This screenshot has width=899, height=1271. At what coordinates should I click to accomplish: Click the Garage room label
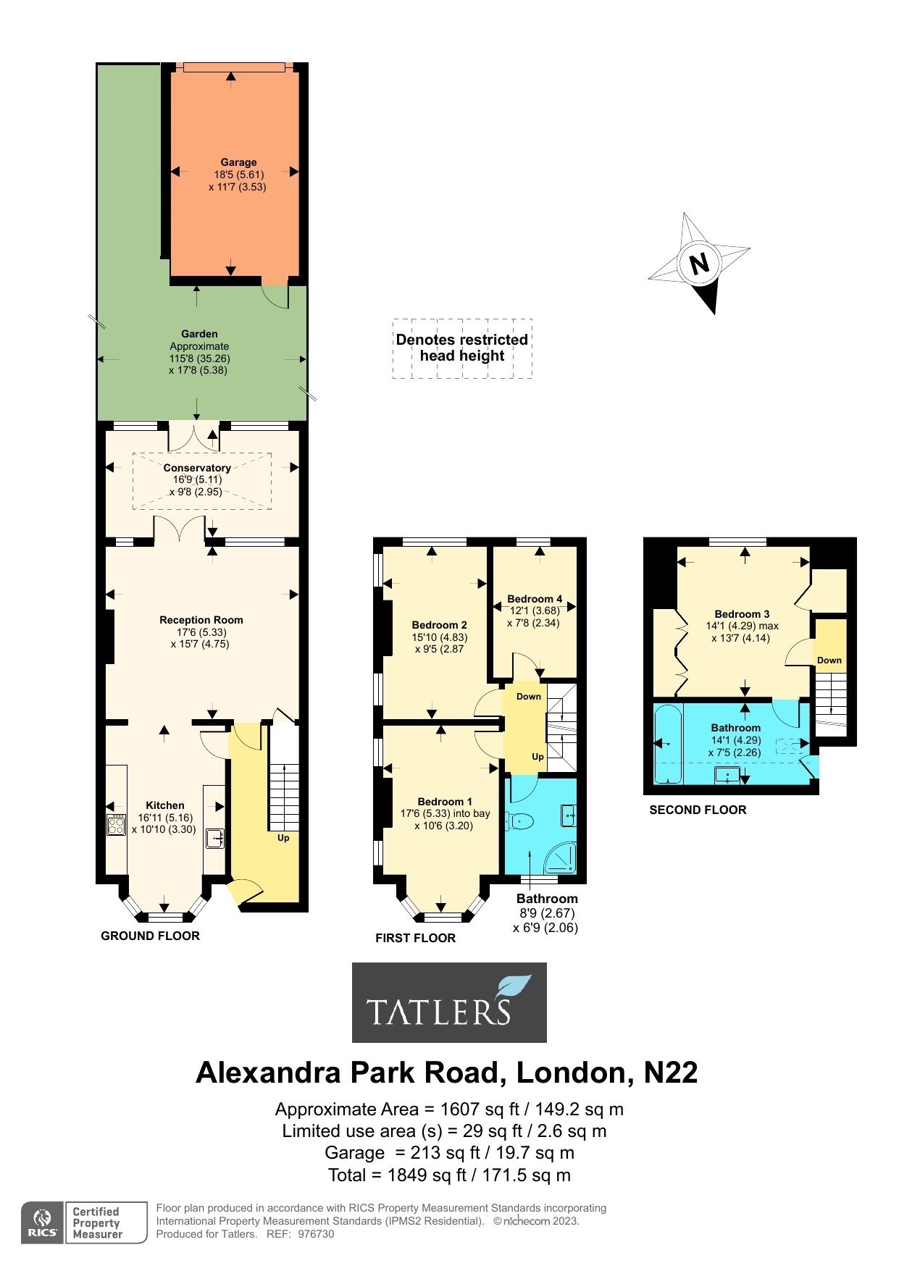point(238,162)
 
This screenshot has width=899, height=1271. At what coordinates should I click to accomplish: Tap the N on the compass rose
point(699,264)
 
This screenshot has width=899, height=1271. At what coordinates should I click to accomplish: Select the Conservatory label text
point(197,468)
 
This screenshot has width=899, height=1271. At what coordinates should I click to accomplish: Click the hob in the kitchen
point(116,825)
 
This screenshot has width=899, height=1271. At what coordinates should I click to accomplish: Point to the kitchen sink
point(214,838)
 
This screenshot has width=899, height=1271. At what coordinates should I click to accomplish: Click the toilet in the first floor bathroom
point(521,821)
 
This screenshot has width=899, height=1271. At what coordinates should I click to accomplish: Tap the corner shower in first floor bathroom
point(563,857)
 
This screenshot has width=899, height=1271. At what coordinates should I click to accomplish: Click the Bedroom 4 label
point(535,599)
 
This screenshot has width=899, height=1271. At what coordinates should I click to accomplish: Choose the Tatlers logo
point(449,1002)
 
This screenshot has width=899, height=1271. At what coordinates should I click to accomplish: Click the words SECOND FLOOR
point(698,810)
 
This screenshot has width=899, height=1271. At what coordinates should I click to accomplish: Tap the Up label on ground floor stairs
point(283,838)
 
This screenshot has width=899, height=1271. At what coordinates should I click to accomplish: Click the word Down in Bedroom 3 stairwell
point(829,660)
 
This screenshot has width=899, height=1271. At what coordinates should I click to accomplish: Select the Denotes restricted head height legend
point(462,348)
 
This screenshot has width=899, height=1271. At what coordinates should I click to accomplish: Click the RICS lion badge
point(43,1222)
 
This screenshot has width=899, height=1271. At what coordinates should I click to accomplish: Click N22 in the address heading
point(671,1072)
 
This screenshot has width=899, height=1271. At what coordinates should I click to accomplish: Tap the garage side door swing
point(275,295)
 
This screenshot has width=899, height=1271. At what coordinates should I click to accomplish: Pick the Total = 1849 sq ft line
point(449,1175)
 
